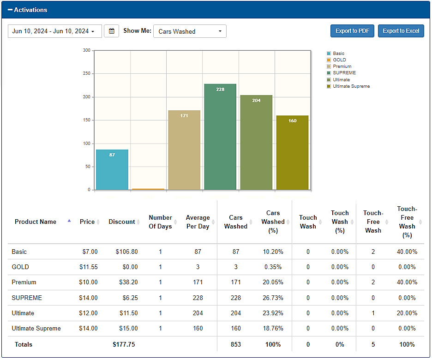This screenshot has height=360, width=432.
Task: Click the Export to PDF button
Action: [352, 31]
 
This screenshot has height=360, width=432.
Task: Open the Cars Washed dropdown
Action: [190, 31]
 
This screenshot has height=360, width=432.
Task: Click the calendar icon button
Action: [111, 31]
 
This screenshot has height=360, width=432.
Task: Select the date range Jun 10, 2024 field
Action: [55, 31]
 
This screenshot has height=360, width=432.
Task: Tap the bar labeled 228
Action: [220, 137]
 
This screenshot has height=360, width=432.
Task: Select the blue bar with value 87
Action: [112, 170]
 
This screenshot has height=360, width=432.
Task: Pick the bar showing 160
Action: [292, 153]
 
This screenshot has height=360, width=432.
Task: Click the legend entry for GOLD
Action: [336, 60]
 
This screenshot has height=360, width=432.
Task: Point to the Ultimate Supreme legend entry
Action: [348, 86]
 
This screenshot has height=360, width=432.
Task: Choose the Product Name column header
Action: [36, 222]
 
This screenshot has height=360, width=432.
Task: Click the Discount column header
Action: [122, 222]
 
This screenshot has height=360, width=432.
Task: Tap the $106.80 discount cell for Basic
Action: [127, 252]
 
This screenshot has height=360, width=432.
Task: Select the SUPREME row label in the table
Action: [27, 298]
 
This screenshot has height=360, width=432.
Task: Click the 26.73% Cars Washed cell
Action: [273, 298]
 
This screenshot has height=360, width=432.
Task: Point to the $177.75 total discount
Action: [124, 344]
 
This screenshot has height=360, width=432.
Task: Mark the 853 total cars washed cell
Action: [236, 344]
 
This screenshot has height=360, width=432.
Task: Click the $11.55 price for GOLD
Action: [89, 267]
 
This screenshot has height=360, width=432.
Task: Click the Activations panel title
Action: [30, 10]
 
